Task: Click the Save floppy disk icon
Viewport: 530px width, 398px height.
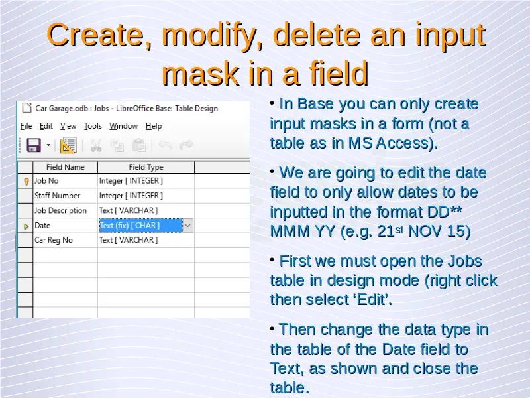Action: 34,145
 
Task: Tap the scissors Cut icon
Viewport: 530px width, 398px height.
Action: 96,145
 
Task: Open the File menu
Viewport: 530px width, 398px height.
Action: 26,126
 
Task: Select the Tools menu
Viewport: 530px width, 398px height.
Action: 93,126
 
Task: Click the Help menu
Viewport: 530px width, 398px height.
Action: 154,126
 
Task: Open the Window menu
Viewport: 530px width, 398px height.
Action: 123,126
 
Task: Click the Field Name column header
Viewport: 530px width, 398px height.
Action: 65,167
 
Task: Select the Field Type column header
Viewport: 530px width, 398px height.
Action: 146,167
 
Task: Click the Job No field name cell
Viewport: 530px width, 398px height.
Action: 65,181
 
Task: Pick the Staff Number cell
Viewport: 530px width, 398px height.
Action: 65,196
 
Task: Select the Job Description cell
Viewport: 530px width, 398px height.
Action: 65,210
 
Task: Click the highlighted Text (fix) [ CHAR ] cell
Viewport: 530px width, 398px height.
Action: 140,226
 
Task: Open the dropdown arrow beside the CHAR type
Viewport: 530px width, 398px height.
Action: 188,226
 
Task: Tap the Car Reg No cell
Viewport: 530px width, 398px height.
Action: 65,240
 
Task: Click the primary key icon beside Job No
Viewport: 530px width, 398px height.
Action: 26,182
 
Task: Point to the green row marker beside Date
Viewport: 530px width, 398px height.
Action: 26,226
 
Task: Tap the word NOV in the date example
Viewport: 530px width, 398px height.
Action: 425,232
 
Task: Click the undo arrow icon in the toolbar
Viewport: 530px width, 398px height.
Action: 165,145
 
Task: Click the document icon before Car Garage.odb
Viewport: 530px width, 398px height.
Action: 26,108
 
